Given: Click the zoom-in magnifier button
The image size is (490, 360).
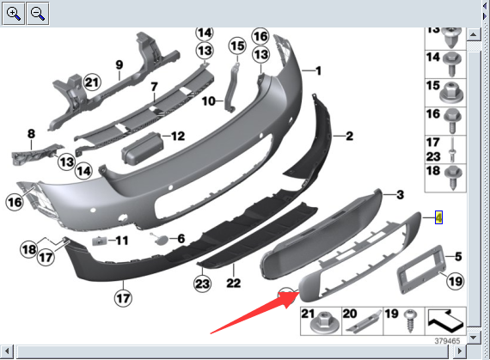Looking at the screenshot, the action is [x=13, y=14].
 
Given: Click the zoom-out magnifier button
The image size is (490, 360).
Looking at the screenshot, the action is [x=38, y=14].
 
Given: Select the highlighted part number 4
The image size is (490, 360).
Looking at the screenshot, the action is [x=438, y=217].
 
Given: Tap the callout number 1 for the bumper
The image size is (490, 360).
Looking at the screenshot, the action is [x=318, y=70].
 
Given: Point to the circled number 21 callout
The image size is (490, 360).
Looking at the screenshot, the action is [x=92, y=82].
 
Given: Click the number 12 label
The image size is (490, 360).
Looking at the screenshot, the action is [x=178, y=136].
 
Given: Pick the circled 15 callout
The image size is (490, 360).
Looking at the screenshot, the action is [x=237, y=46].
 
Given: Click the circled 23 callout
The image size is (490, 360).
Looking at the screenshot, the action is [x=202, y=284].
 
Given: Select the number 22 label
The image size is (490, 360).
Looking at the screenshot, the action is [x=234, y=283].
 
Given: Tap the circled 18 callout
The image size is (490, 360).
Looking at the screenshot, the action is [x=29, y=249].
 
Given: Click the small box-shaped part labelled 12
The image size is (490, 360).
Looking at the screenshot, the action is [x=142, y=148].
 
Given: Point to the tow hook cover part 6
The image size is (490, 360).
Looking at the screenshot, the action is [x=159, y=239].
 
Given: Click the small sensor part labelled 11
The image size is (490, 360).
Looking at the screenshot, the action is [x=100, y=241].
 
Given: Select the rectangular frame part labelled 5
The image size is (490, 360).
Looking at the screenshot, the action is [x=420, y=270].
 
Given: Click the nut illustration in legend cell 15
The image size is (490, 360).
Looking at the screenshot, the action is [x=451, y=93].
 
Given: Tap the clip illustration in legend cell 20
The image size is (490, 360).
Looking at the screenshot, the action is [x=365, y=322].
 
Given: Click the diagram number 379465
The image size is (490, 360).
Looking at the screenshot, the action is [x=447, y=340].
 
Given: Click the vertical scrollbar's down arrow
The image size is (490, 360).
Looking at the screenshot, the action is [x=474, y=337].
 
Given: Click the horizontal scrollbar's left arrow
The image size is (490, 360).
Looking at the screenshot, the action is [x=7, y=351].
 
